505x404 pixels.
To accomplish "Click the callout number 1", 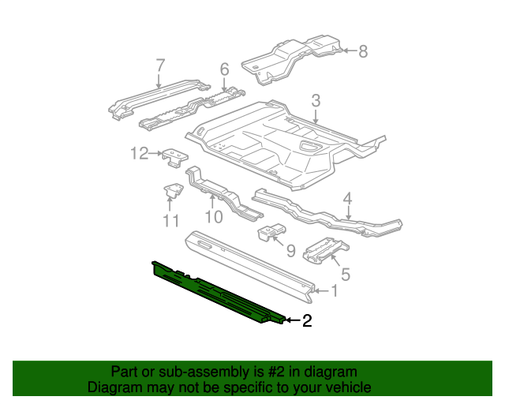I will pos(335,291).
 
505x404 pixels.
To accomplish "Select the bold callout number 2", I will pos(307,320).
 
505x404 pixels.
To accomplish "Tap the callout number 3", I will pos(316,100).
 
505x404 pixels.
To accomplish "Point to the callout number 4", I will pos(347,199).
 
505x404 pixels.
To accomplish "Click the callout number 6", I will pos(224,70).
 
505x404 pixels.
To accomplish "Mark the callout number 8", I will pos(363,52).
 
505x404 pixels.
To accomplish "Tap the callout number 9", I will pos(290,251).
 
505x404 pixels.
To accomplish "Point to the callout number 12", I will pos(139,153).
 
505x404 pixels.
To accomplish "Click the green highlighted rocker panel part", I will pos(213,292).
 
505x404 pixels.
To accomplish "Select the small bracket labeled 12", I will pos(174,157).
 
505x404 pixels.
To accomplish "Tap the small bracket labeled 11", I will pos(173,191).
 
